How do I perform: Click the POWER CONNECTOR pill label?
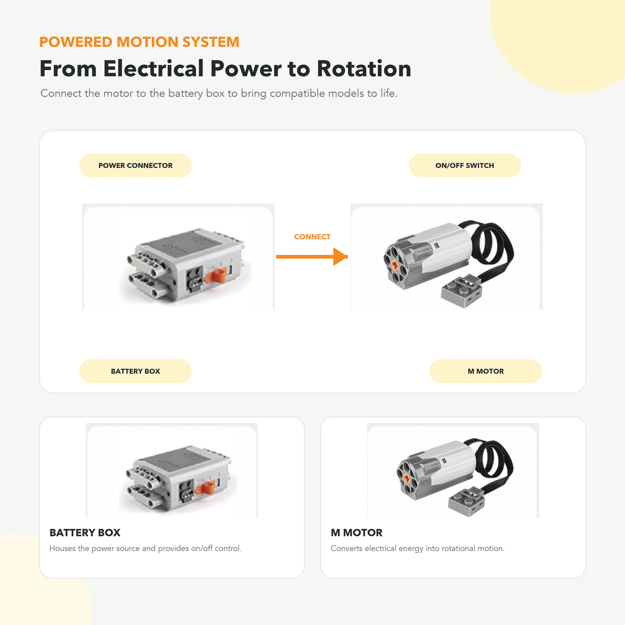[135, 166]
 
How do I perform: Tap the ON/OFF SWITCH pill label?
[465, 166]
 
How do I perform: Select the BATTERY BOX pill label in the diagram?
[135, 371]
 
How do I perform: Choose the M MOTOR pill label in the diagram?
[486, 371]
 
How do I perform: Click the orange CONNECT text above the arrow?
[312, 237]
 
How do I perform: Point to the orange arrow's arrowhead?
[341, 257]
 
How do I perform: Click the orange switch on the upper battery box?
[216, 275]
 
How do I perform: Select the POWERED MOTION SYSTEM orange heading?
[139, 42]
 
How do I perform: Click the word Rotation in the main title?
[364, 68]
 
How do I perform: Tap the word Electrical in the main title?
[153, 68]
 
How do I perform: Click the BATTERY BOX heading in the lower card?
[85, 532]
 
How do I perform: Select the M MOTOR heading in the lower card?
[356, 532]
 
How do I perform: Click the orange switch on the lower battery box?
[205, 487]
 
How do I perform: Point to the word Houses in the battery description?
[62, 549]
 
